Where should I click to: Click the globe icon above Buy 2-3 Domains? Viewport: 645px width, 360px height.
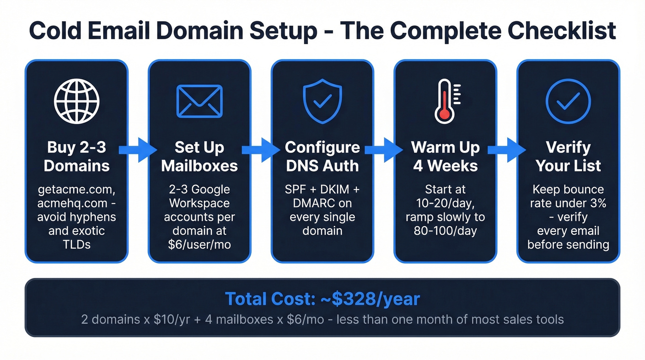(76, 101)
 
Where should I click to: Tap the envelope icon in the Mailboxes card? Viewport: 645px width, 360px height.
(199, 101)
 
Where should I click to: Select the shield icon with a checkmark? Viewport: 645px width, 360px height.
(322, 101)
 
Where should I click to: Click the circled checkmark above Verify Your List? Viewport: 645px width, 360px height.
(568, 101)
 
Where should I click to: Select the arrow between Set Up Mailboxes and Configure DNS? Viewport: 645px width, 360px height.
(261, 149)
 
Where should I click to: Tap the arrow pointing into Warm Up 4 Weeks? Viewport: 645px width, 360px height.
(383, 149)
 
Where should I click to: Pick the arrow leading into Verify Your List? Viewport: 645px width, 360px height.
(506, 149)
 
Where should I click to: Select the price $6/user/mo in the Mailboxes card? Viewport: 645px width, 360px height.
(199, 244)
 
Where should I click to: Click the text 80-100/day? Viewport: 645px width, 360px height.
(445, 230)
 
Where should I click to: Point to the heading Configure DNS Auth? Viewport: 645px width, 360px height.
(322, 156)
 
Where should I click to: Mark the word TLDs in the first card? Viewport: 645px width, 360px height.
(76, 244)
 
